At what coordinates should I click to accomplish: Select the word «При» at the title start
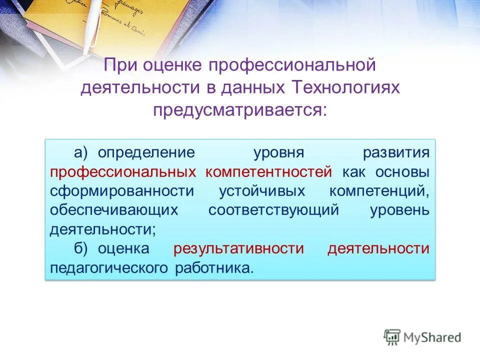[x=120, y=65]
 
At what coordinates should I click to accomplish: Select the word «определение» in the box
[x=145, y=152]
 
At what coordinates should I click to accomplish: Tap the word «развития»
[x=396, y=152]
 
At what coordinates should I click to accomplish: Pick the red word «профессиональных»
[x=122, y=171]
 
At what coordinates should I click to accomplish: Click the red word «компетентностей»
[x=268, y=171]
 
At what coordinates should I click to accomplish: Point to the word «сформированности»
[x=121, y=191]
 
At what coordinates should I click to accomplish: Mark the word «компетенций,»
[x=379, y=191]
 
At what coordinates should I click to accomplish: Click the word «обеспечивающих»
[x=114, y=210]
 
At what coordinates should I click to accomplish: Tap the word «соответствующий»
[x=273, y=210]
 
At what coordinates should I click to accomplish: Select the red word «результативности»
[x=238, y=248]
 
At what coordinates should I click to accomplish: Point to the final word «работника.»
[x=214, y=268]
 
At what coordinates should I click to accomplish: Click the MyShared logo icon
[x=392, y=337]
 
